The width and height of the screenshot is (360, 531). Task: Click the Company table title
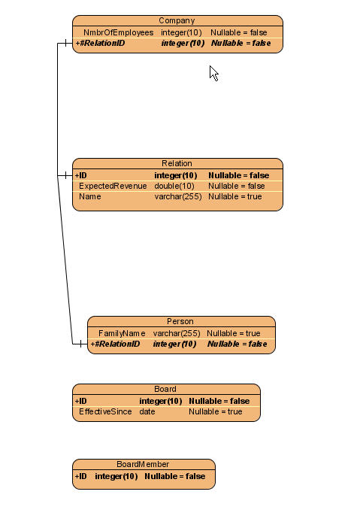pyautogui.click(x=177, y=20)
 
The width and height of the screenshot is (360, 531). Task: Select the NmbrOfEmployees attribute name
pyautogui.click(x=119, y=32)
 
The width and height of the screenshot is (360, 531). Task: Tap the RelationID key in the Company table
pyautogui.click(x=100, y=44)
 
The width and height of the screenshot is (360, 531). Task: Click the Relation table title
pyautogui.click(x=177, y=163)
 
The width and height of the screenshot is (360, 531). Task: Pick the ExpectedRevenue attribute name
pyautogui.click(x=113, y=186)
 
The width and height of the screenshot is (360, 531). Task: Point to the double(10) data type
pyautogui.click(x=174, y=186)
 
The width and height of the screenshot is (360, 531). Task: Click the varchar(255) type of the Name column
pyautogui.click(x=178, y=196)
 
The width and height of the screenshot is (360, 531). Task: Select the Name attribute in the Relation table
pyautogui.click(x=90, y=196)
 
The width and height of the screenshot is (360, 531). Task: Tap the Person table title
pyautogui.click(x=180, y=321)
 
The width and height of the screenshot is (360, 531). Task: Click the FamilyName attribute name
pyautogui.click(x=122, y=334)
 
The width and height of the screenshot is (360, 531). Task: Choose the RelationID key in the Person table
pyautogui.click(x=115, y=344)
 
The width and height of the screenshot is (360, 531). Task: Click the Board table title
pyautogui.click(x=165, y=389)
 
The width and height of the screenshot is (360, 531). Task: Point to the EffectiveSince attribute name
pyautogui.click(x=105, y=412)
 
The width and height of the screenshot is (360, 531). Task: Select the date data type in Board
pyautogui.click(x=147, y=412)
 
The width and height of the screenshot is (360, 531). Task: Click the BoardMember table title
pyautogui.click(x=143, y=464)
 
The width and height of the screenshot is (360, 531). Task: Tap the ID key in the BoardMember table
pyautogui.click(x=81, y=477)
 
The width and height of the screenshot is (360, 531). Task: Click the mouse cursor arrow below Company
pyautogui.click(x=213, y=73)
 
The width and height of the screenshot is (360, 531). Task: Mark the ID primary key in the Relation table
pyautogui.click(x=81, y=175)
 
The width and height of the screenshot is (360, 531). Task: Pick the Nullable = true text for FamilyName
pyautogui.click(x=234, y=334)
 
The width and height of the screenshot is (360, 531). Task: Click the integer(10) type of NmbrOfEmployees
pyautogui.click(x=181, y=32)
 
